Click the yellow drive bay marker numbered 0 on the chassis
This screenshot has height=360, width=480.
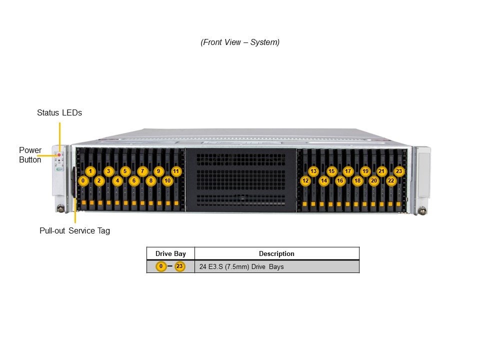(x=83, y=180)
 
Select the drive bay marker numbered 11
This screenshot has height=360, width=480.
(x=176, y=171)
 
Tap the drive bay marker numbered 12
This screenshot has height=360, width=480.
(x=305, y=180)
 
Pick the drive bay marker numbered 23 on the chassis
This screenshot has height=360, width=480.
(x=399, y=171)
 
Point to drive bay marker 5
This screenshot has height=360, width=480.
(x=125, y=171)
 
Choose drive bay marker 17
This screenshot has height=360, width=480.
(x=348, y=171)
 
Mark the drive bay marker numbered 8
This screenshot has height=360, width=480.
(x=150, y=180)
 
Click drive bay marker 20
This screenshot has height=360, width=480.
(x=374, y=180)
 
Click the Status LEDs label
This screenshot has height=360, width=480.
(x=59, y=113)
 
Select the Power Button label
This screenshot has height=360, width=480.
(x=30, y=155)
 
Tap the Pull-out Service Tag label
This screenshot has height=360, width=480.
(x=74, y=231)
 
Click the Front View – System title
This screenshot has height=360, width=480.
(x=240, y=42)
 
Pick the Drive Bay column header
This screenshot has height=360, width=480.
(x=170, y=254)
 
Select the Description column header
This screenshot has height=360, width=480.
(x=276, y=254)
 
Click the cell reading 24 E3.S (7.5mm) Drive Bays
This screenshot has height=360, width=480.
(x=241, y=267)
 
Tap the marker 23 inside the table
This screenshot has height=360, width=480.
(x=180, y=266)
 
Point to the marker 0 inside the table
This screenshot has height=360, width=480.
(x=161, y=266)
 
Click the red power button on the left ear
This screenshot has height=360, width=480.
(x=58, y=155)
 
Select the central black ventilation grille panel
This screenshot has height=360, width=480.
(x=240, y=180)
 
